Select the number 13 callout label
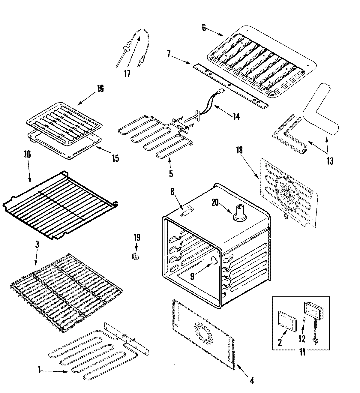tap(330, 161)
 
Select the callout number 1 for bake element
tap(39, 370)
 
